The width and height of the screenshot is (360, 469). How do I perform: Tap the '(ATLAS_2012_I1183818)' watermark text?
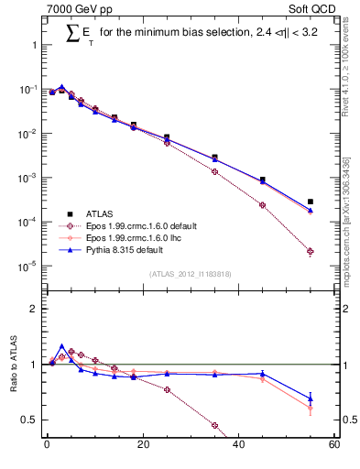[191, 273]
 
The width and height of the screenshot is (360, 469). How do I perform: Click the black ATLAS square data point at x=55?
[311, 202]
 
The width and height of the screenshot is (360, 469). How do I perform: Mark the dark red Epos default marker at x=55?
[311, 251]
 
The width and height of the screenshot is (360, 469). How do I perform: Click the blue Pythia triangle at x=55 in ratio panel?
[311, 398]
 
